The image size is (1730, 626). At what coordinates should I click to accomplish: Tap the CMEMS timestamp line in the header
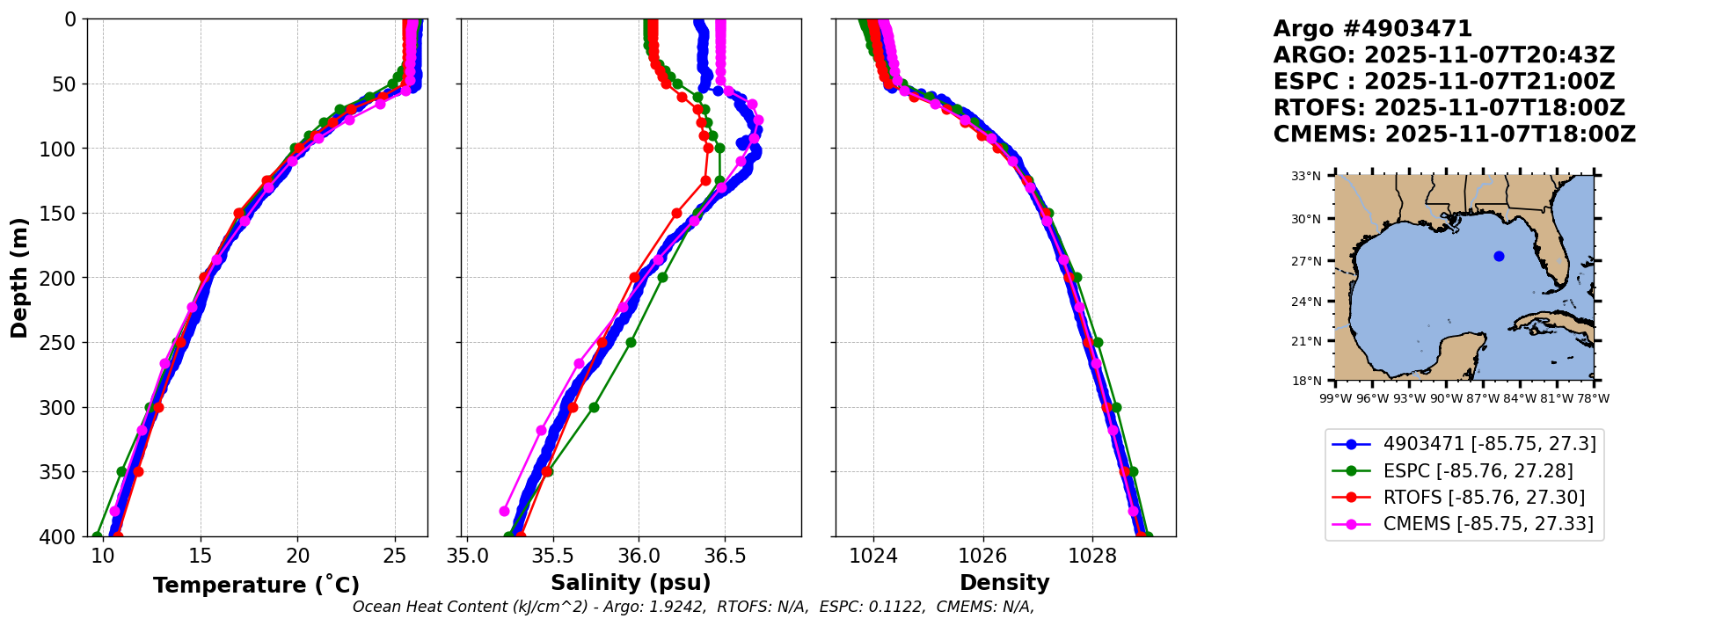click(1454, 135)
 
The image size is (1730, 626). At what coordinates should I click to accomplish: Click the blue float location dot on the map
click(1499, 256)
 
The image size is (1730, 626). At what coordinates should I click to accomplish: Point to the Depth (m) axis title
click(19, 277)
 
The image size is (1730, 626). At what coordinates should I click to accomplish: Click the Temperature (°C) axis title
click(256, 585)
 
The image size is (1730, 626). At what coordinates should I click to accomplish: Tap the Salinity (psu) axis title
click(631, 583)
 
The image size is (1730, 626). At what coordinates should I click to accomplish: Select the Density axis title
click(1004, 583)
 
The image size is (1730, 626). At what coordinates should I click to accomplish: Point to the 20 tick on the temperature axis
click(298, 556)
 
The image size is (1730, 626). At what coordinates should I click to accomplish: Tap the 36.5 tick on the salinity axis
click(725, 556)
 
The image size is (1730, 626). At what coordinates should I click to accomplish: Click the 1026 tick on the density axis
click(982, 556)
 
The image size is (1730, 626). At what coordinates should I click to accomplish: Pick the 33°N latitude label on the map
click(1305, 177)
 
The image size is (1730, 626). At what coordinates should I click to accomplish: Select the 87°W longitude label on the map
click(1483, 398)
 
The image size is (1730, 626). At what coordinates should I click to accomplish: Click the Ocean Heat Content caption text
click(693, 608)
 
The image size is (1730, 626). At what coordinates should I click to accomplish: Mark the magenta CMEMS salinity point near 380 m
click(504, 511)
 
